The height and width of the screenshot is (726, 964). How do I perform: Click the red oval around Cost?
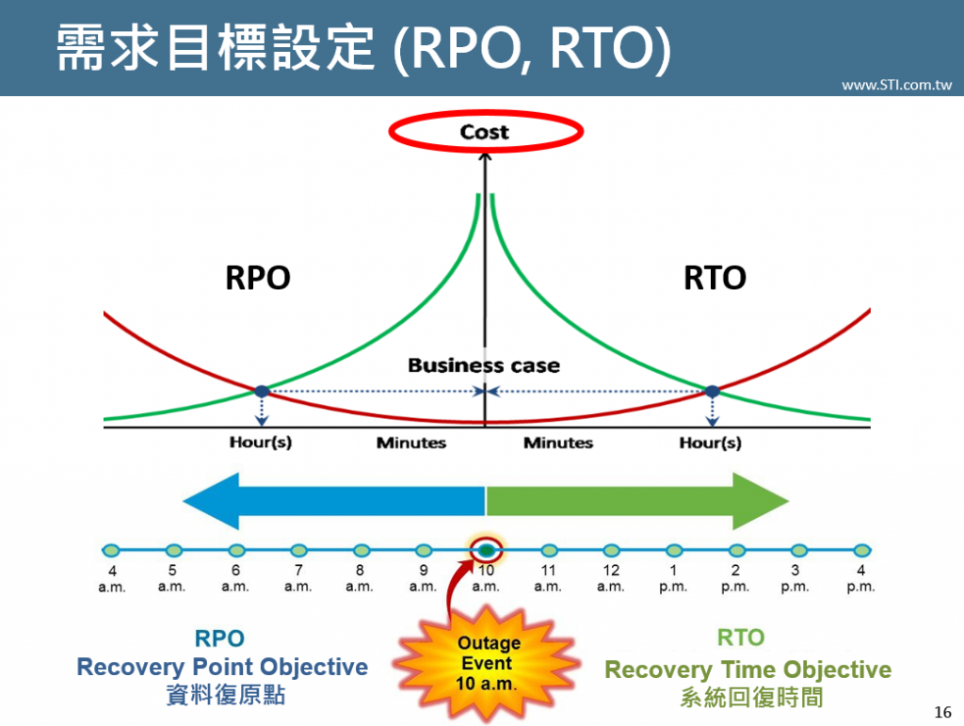click(x=485, y=132)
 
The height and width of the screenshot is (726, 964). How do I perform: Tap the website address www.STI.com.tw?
click(x=896, y=85)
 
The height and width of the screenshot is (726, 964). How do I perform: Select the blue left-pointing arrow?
click(x=334, y=500)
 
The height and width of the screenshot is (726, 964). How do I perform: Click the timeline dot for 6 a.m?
click(x=236, y=550)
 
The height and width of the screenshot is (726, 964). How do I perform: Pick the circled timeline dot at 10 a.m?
click(x=486, y=550)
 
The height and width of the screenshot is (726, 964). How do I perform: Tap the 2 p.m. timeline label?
click(x=735, y=577)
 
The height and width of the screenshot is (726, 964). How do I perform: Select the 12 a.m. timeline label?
click(x=611, y=577)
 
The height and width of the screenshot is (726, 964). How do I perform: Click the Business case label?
click(x=484, y=365)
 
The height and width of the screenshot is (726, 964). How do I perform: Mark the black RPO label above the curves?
click(x=258, y=278)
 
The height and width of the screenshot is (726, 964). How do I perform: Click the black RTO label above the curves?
click(x=715, y=278)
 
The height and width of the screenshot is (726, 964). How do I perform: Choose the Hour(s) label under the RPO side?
click(x=261, y=443)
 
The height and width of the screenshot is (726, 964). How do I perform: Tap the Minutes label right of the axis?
click(x=558, y=443)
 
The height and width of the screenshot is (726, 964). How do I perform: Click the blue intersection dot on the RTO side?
click(x=712, y=391)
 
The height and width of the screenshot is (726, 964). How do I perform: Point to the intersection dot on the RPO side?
click(x=262, y=391)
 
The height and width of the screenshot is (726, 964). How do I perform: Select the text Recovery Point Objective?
click(x=222, y=668)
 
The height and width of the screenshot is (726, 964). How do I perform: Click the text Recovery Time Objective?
click(x=747, y=670)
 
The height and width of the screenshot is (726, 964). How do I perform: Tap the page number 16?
click(x=942, y=711)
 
